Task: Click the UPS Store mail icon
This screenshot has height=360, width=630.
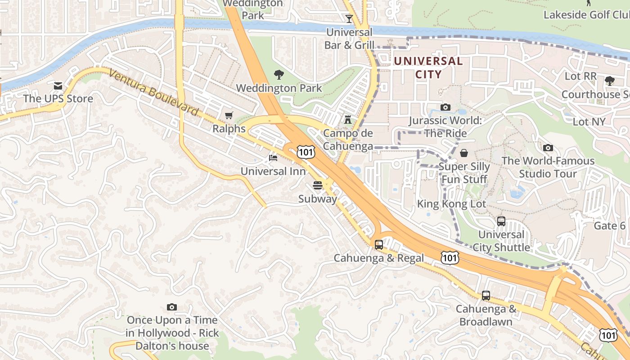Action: point(58,85)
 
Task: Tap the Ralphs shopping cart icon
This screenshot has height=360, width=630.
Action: point(229,116)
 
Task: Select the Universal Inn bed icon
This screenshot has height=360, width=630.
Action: point(273,158)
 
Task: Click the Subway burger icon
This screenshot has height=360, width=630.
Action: point(318,185)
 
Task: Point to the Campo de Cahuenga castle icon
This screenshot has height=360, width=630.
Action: point(347,120)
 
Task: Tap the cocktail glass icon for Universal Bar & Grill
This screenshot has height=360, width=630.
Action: point(349,19)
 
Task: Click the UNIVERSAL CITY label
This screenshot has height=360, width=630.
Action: point(422,67)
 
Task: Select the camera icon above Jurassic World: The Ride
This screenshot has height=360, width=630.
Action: point(445,107)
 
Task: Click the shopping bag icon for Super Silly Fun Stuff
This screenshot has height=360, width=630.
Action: point(464,153)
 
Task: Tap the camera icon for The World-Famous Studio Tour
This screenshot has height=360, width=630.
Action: point(548,148)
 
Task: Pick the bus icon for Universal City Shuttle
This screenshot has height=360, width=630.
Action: point(501,221)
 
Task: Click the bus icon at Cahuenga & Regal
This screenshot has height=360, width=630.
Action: point(379,245)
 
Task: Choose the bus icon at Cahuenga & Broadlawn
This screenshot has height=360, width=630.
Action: point(486,296)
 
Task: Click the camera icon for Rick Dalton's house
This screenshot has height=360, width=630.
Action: point(171,307)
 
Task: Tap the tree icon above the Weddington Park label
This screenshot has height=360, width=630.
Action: point(279,74)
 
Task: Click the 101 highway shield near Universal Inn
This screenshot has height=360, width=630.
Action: point(306,152)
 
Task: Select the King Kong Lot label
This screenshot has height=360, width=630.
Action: point(451,204)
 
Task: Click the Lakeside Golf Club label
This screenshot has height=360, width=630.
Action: point(586,15)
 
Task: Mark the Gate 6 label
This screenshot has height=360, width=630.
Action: point(610,225)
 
